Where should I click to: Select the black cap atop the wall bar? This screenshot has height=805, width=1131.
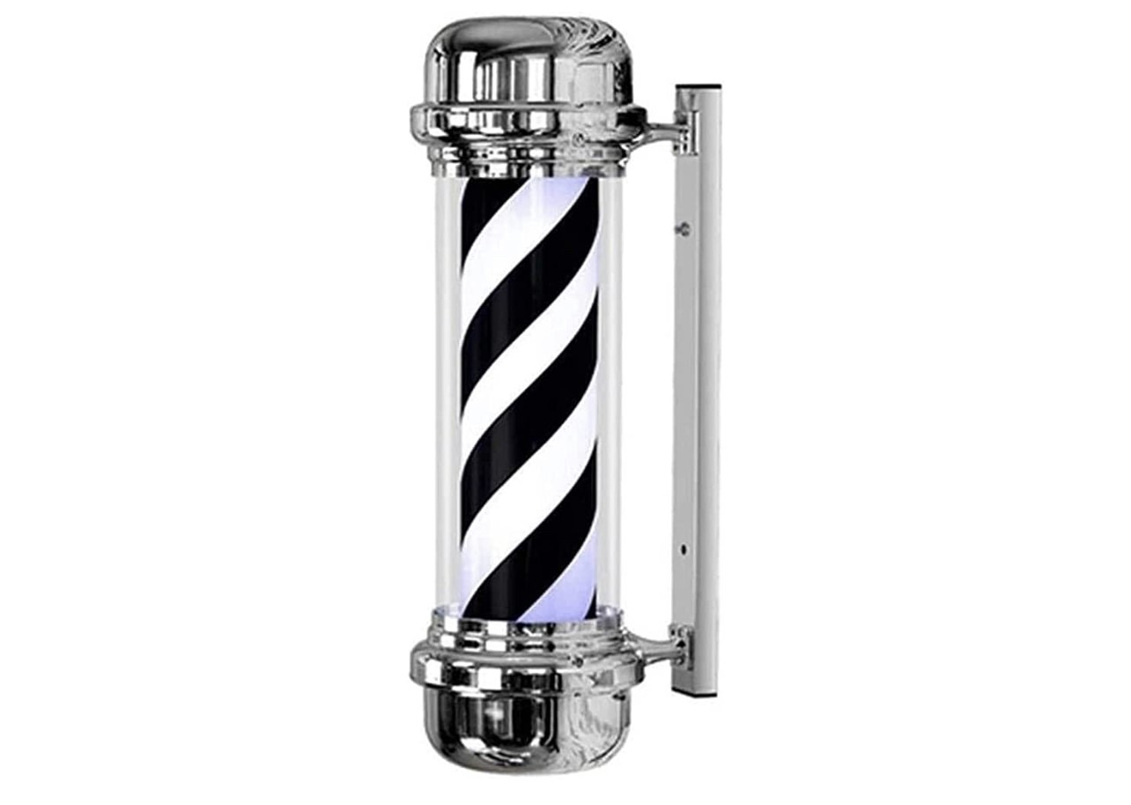(x=698, y=87)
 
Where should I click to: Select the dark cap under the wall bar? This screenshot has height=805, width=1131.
(x=696, y=693)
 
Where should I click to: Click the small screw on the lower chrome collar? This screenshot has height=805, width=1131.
(x=579, y=658)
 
